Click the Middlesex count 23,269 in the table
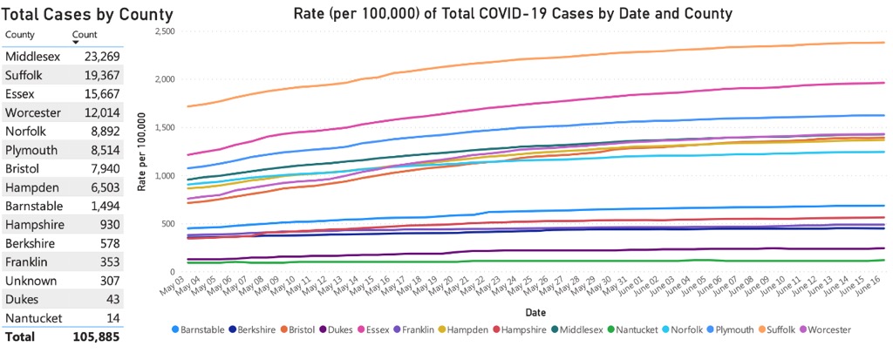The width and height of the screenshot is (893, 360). (x=102, y=56)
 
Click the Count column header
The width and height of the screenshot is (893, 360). (x=85, y=34)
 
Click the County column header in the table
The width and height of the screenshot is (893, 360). (x=20, y=34)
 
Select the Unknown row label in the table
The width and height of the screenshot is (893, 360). (x=31, y=281)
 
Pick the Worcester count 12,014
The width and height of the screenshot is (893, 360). (x=102, y=112)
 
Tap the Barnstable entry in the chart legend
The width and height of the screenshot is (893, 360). (x=199, y=329)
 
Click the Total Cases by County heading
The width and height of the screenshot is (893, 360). (x=87, y=14)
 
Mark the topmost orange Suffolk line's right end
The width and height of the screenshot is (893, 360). (x=884, y=43)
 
